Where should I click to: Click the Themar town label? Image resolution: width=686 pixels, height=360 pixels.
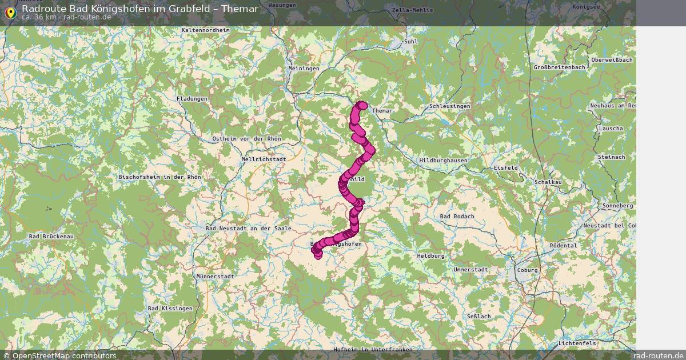382,110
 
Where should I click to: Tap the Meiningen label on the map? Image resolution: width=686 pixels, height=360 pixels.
304,69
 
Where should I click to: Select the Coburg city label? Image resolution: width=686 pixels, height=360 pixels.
527,270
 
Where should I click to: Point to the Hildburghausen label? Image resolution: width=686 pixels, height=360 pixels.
443,161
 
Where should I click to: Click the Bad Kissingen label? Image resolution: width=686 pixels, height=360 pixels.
170,309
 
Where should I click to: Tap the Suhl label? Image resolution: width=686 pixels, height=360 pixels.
410,42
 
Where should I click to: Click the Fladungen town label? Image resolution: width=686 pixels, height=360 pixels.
192,99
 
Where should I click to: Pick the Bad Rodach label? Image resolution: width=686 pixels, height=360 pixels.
457,217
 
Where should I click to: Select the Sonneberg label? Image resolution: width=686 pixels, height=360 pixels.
618,205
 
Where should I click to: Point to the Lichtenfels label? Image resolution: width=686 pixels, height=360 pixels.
577,343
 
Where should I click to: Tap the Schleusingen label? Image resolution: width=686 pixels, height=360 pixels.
450,107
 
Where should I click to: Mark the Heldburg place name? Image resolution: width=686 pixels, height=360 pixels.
430,256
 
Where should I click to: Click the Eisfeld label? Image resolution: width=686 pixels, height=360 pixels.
506,167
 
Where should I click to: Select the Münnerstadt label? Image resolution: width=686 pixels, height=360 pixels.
215,276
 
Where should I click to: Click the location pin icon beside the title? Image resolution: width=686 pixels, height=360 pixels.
10,12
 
